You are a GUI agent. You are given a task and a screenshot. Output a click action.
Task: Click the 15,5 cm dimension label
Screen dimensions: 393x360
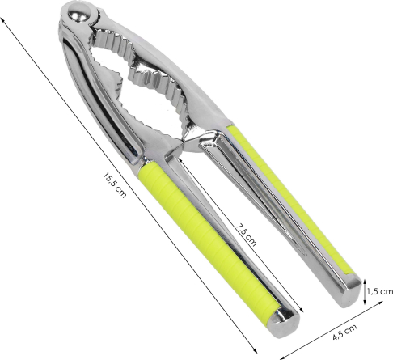114,185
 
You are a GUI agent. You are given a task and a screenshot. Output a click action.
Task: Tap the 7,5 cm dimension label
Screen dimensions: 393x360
246,235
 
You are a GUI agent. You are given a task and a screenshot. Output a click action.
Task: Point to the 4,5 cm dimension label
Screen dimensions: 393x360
344,332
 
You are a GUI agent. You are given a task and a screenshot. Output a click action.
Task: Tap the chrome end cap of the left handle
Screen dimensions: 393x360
285,323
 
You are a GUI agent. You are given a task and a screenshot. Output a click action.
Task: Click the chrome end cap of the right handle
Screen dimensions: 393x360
349,292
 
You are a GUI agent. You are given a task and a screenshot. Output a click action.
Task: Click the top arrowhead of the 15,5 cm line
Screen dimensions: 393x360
2,20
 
